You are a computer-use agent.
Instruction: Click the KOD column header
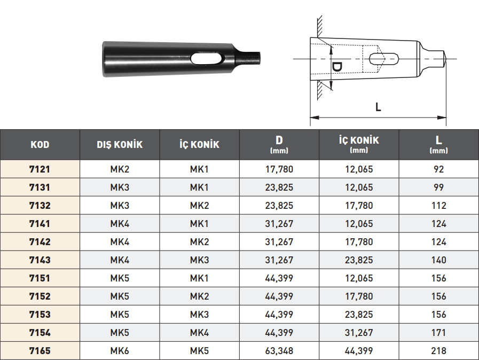[40, 145]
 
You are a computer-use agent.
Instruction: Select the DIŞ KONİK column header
[120, 145]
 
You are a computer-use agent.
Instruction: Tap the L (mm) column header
[438, 144]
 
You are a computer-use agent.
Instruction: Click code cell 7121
[40, 169]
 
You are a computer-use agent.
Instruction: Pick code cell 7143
[40, 260]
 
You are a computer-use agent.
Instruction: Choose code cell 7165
[40, 350]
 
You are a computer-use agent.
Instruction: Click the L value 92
[438, 169]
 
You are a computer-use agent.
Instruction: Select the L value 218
[438, 350]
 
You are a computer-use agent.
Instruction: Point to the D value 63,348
[279, 350]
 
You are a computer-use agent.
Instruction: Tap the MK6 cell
[120, 350]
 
